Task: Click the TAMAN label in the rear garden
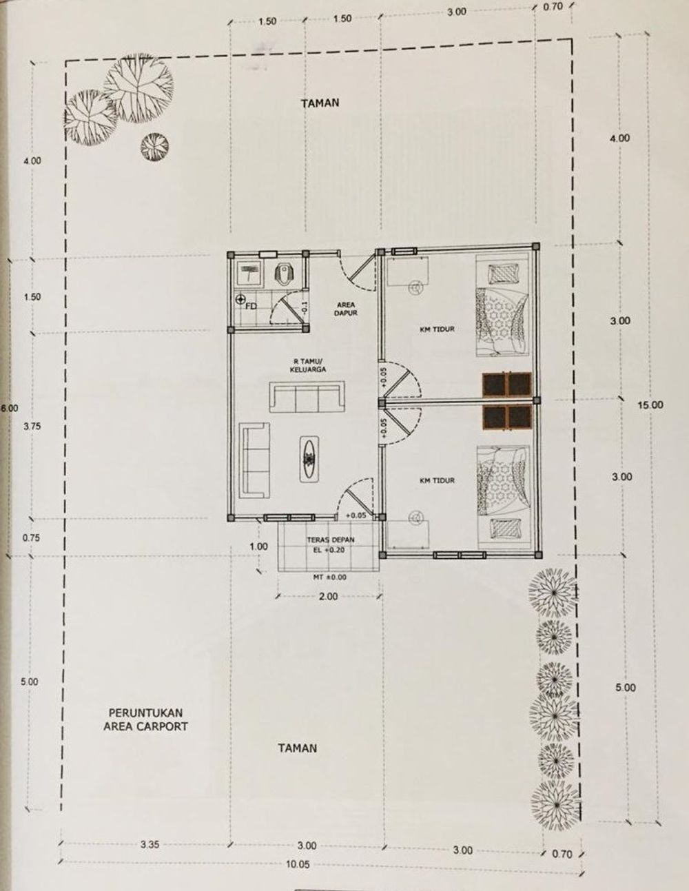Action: [x=320, y=103]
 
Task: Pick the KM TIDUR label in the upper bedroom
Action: [x=437, y=329]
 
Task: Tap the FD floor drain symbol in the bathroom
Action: [x=242, y=300]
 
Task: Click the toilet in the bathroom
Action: [x=284, y=273]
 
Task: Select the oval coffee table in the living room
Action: [x=311, y=456]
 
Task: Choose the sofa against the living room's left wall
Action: [x=256, y=460]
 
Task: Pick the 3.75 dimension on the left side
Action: [x=32, y=427]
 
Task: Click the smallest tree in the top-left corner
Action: [x=154, y=145]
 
